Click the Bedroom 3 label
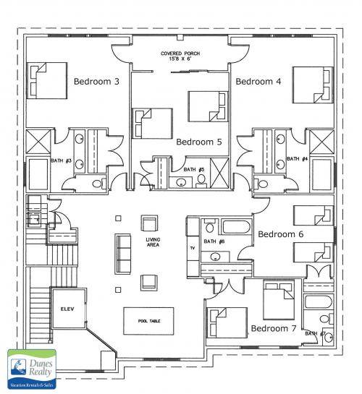97,82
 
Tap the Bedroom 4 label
258,82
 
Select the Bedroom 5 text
199,142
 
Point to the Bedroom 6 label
281,234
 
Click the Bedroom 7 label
274,329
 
